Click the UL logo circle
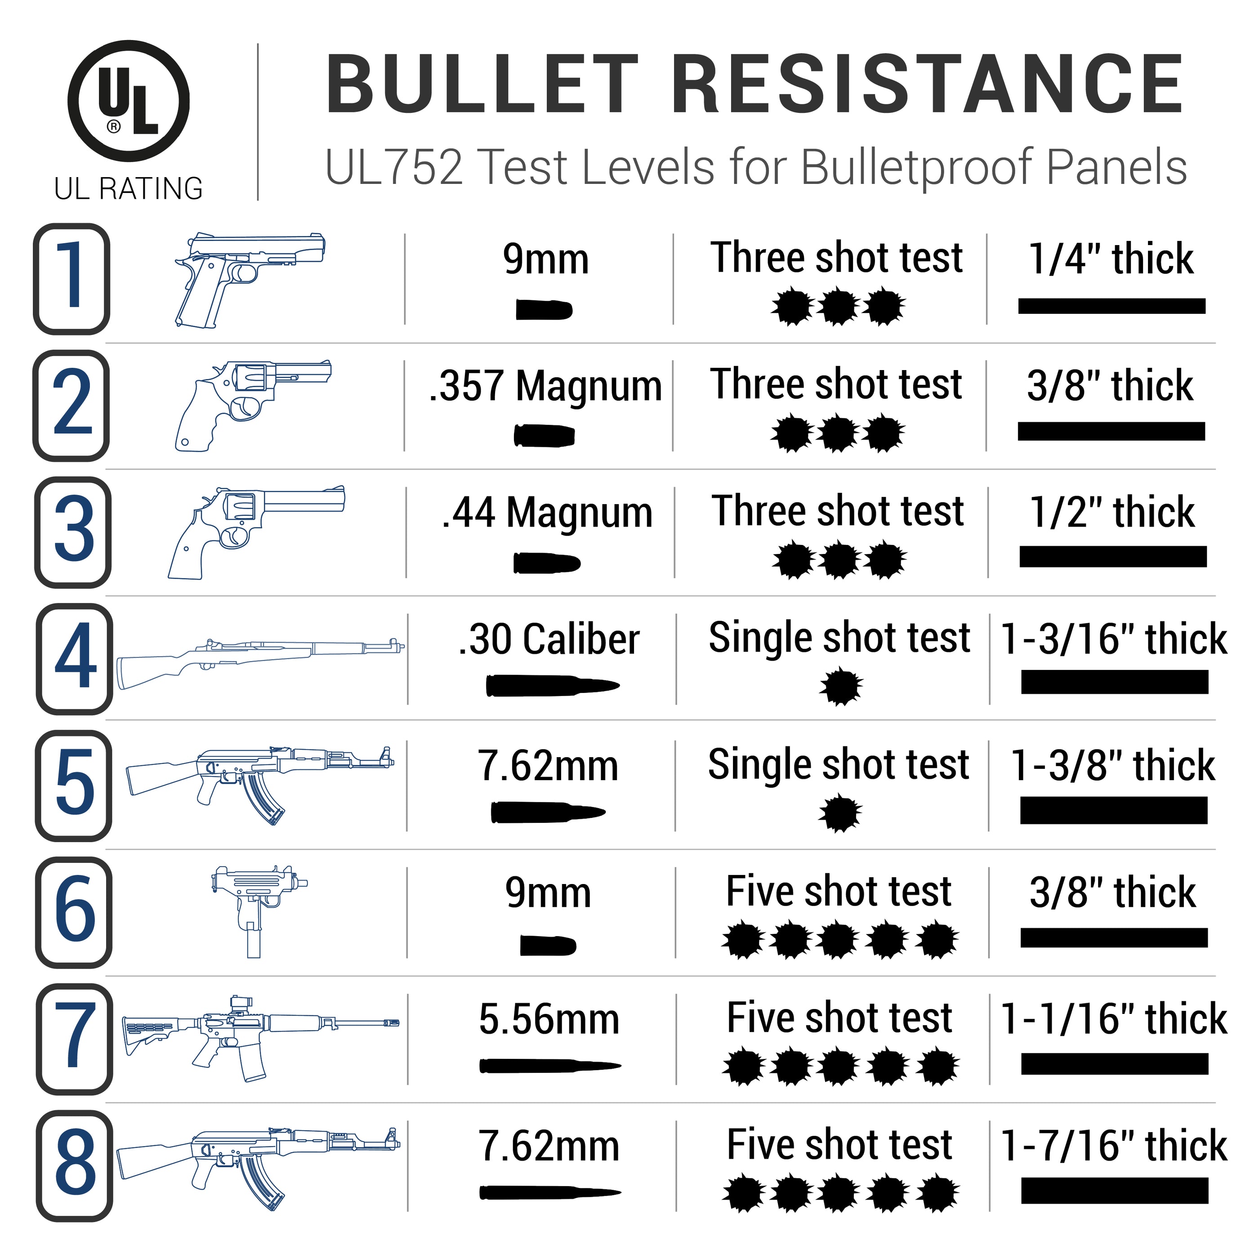click(129, 101)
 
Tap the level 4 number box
click(74, 658)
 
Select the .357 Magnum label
click(545, 386)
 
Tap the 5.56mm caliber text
click(549, 1019)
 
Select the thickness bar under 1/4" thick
click(1112, 306)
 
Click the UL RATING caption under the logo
click(129, 188)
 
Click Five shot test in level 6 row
click(839, 892)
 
